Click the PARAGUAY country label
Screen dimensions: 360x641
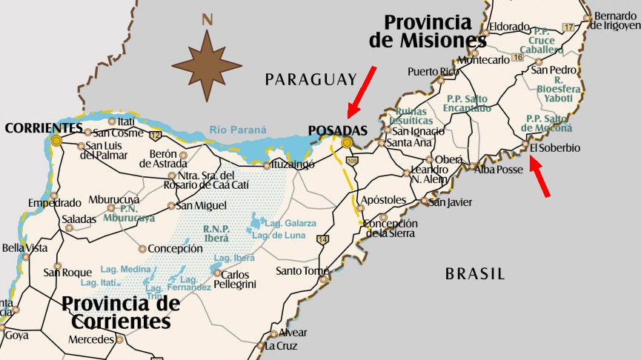[311, 79]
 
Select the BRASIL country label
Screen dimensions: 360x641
[474, 274]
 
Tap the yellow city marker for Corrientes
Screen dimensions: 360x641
[56, 139]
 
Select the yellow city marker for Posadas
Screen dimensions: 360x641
[346, 142]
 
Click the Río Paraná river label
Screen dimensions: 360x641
[237, 130]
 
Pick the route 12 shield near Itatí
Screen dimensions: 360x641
[155, 135]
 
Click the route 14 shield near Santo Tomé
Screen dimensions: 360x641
[322, 239]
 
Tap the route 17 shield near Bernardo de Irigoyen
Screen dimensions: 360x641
[568, 27]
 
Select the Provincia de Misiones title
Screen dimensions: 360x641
[427, 31]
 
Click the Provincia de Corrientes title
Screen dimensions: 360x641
[121, 313]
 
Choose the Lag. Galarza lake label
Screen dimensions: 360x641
[290, 223]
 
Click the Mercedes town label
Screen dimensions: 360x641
[90, 340]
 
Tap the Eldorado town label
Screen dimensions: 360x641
[508, 26]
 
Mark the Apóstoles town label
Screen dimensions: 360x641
[383, 200]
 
